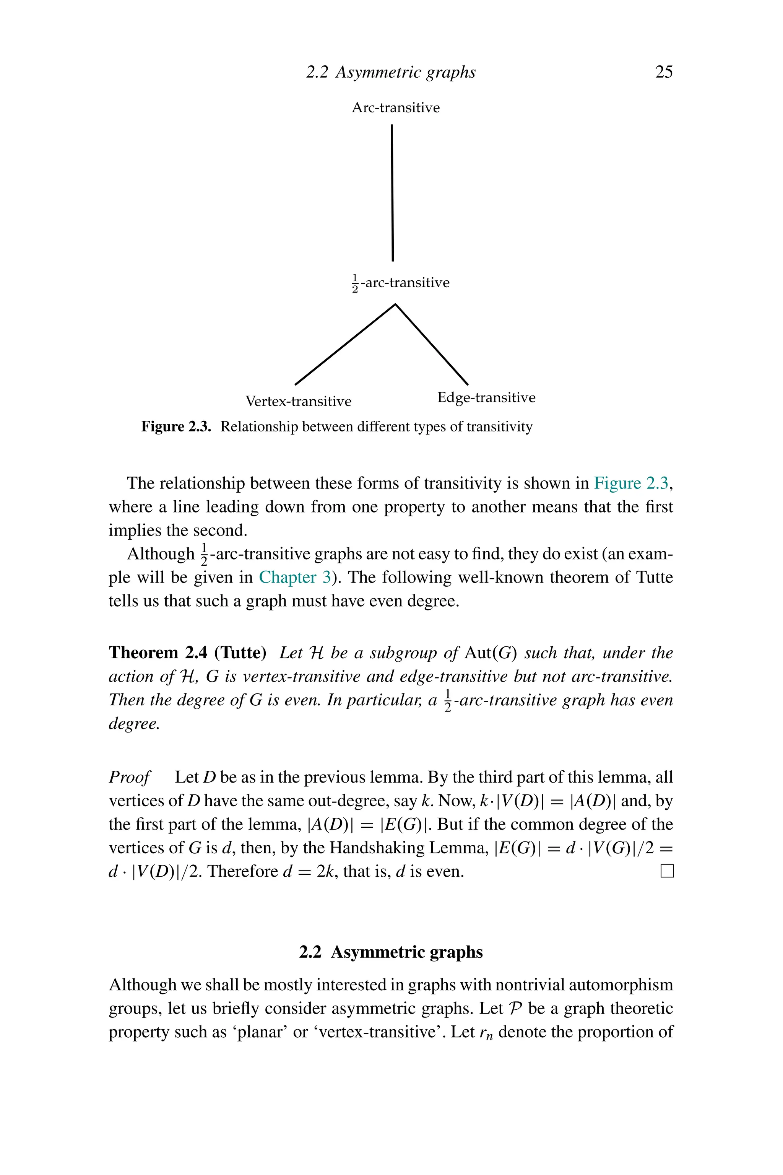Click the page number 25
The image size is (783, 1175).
tap(664, 72)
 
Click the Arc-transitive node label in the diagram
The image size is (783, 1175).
tap(395, 107)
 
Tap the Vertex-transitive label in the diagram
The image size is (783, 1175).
tap(298, 401)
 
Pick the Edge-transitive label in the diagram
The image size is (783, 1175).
tap(486, 398)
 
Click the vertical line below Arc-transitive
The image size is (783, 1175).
tap(393, 192)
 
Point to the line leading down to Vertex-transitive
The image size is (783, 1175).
tap(344, 345)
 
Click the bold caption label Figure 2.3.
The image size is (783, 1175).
tap(176, 426)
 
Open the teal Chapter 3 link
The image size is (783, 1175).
tap(295, 578)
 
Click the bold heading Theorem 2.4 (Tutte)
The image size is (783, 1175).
tap(187, 653)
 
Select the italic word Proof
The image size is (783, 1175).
tap(129, 777)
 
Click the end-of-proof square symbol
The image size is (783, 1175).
tap(667, 871)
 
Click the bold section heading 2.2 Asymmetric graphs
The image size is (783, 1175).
tap(391, 952)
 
